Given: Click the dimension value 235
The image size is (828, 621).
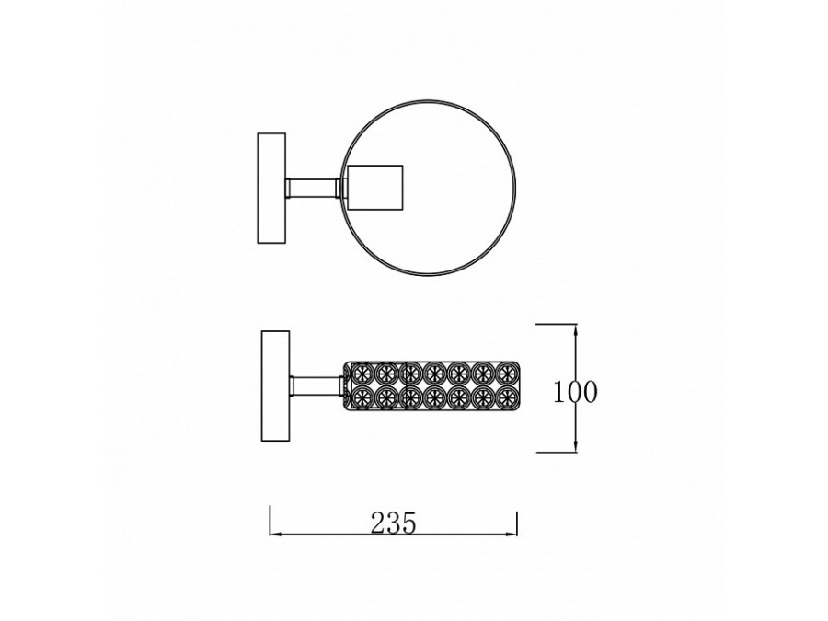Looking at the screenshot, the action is [x=394, y=523].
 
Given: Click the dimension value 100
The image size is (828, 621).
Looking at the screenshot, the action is [x=575, y=392].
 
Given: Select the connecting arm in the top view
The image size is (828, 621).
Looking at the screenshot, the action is [x=313, y=188].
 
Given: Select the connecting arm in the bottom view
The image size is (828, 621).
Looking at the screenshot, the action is [x=316, y=386].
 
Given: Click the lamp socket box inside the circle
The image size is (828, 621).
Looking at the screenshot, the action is [x=375, y=188].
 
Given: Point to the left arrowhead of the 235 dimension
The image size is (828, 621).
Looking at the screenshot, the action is [x=277, y=535].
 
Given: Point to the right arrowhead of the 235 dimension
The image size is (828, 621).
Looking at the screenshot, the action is [x=510, y=535].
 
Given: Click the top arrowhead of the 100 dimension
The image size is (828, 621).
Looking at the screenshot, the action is [x=575, y=331].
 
